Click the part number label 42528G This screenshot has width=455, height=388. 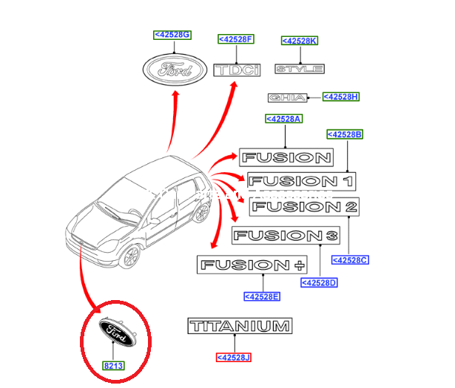tap(172, 35)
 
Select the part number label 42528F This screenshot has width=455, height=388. tap(236, 38)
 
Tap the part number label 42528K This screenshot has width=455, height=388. tap(300, 41)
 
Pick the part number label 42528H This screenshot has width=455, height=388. tap(341, 97)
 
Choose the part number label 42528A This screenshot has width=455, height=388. tap(284, 119)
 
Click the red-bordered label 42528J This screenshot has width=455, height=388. tap(234, 358)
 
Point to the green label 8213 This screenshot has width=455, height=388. tap(112, 364)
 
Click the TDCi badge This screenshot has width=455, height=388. tap(237, 70)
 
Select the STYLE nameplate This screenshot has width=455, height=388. tap(300, 69)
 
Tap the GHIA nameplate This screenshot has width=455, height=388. tap(284, 98)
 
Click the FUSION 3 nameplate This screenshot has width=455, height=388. tap(286, 236)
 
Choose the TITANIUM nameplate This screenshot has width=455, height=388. tap(240, 326)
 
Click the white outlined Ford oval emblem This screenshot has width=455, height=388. tap(174, 71)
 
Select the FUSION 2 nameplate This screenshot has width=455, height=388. tap(304, 208)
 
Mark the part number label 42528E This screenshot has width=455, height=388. tap(262, 297)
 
